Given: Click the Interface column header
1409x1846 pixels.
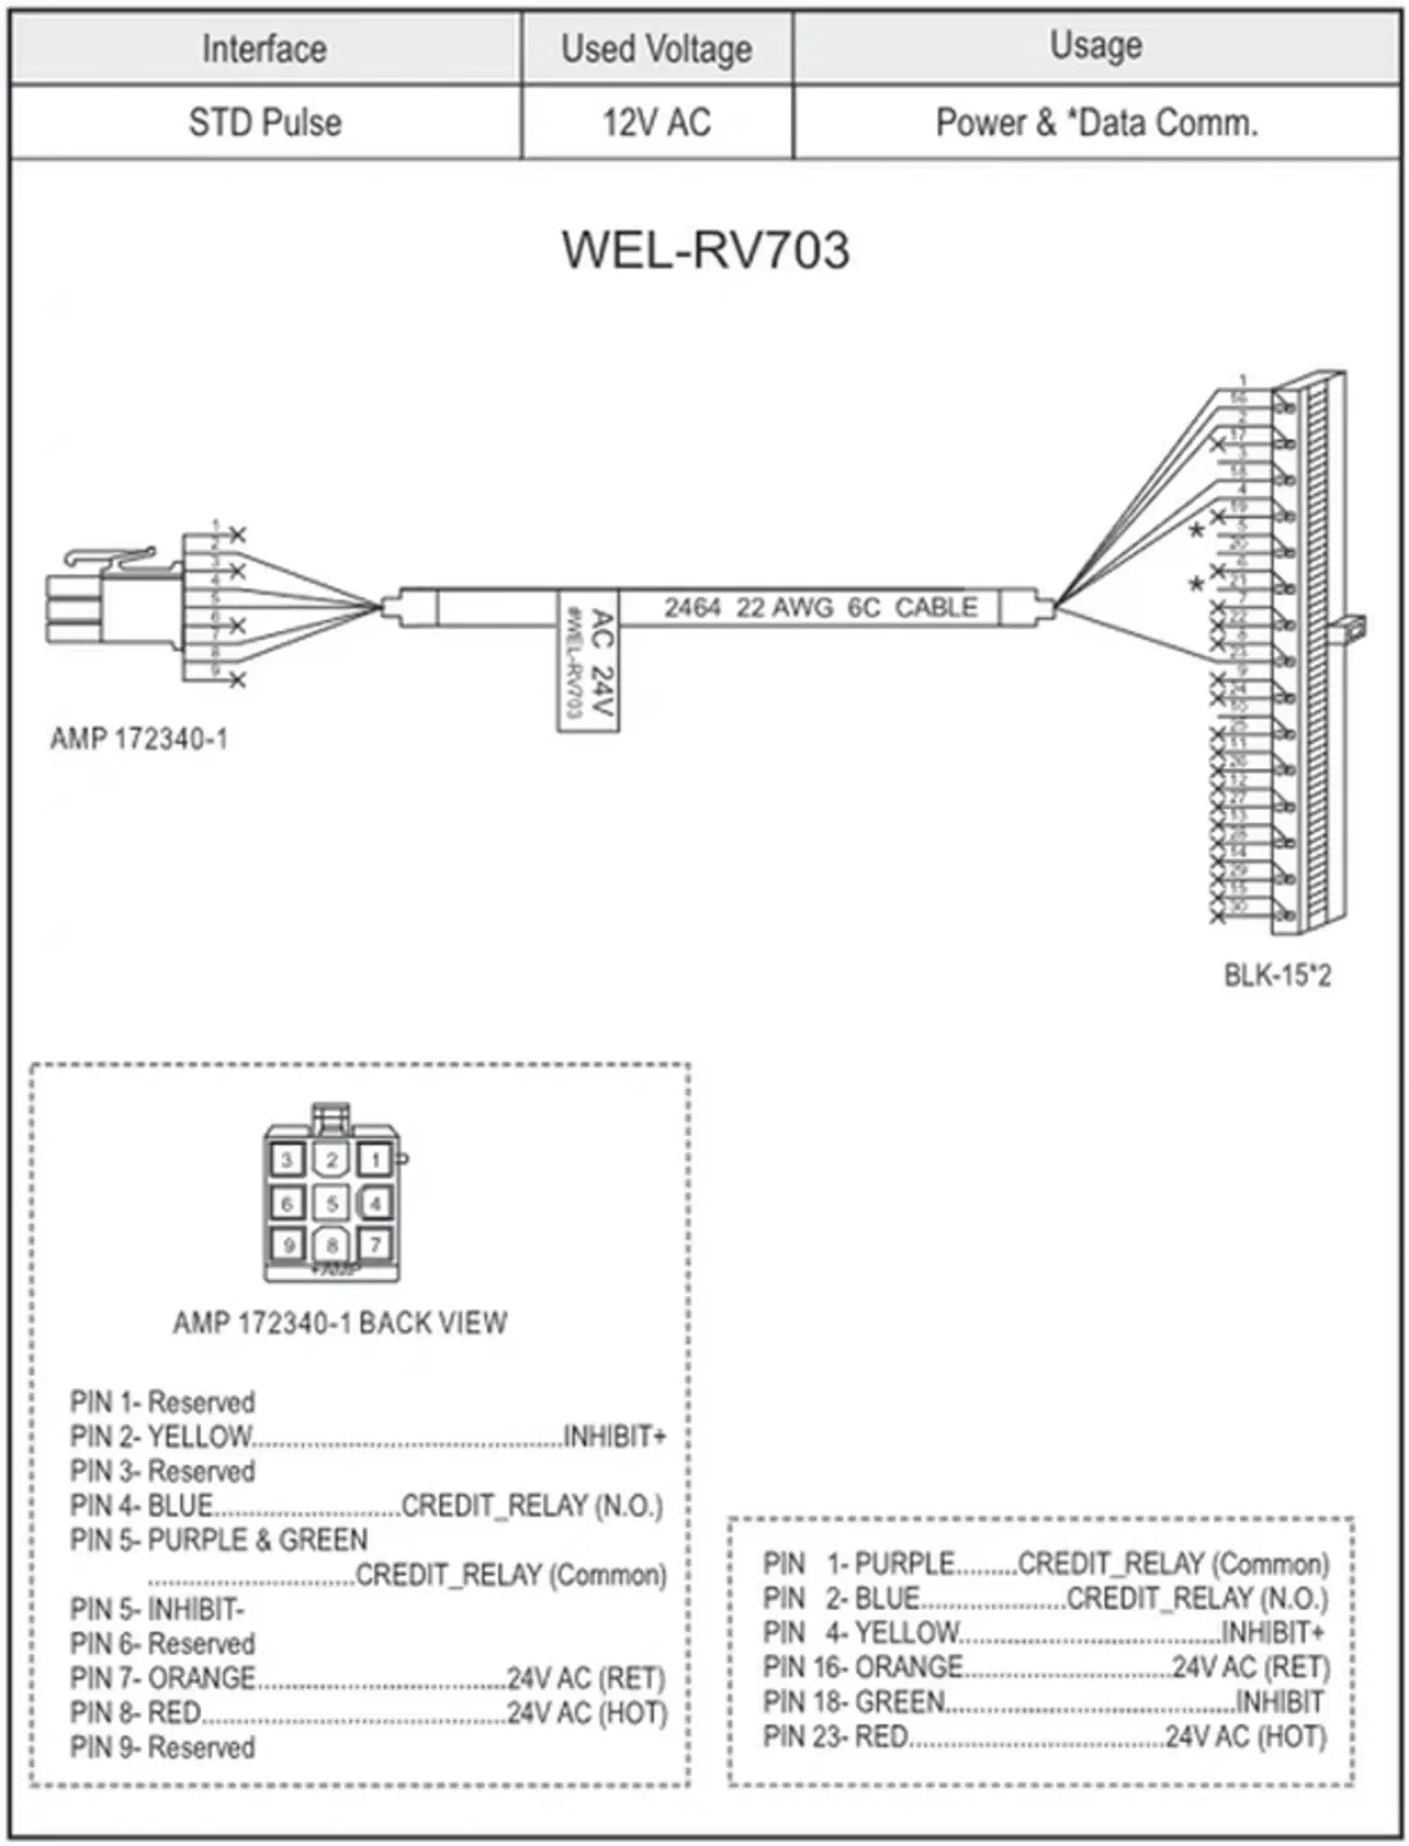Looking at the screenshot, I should [x=264, y=49].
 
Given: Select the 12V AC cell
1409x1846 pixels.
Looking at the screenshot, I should [x=656, y=123].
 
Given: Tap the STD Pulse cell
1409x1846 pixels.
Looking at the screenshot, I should [x=265, y=123].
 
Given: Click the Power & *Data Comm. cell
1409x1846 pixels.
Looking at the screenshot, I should [x=1096, y=123].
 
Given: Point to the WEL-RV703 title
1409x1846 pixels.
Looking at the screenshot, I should [x=705, y=251].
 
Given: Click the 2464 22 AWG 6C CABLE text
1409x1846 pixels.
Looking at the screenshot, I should [x=820, y=608].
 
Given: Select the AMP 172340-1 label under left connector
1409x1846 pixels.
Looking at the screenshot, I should [x=139, y=739].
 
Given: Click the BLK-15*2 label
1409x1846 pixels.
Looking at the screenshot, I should [x=1276, y=975].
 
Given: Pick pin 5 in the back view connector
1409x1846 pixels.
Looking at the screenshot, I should [x=331, y=1202].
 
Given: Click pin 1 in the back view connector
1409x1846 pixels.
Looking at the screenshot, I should [x=375, y=1159].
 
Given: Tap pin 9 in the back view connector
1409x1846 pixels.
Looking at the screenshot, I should [x=288, y=1246].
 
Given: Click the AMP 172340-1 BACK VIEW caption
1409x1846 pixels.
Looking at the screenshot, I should [x=340, y=1323].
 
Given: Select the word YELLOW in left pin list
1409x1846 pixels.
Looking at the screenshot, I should [x=199, y=1436].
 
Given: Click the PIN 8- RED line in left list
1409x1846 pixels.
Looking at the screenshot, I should [x=135, y=1713].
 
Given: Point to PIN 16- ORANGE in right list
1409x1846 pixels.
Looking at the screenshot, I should [x=863, y=1668].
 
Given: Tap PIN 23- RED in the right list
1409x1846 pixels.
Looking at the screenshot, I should [x=836, y=1736].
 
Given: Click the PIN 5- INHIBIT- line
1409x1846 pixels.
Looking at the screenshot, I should [x=158, y=1609].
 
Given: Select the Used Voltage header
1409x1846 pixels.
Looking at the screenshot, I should [x=656, y=49].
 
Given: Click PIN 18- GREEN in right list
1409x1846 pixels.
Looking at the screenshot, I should [x=854, y=1702].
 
